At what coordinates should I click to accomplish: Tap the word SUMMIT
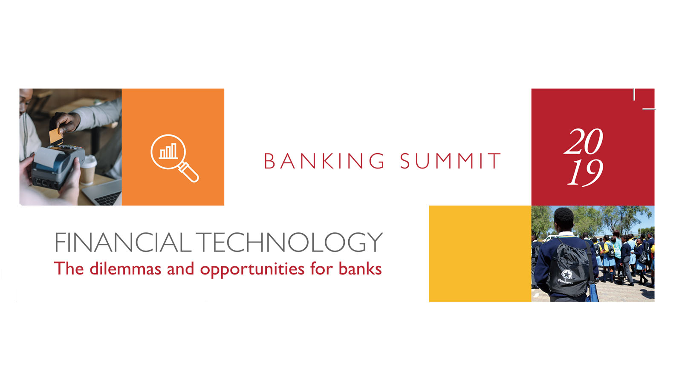450,161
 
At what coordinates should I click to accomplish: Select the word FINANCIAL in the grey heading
123,242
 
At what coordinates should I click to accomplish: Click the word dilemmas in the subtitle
125,268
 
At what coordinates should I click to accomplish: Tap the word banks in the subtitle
360,268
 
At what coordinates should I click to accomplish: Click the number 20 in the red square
584,142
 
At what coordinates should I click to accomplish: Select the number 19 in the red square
585,173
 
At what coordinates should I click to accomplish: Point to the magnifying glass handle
189,172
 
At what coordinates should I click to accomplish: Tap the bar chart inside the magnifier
168,151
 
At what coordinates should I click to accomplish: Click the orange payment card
56,136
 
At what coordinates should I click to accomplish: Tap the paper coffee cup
88,169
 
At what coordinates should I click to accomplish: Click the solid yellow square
480,254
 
